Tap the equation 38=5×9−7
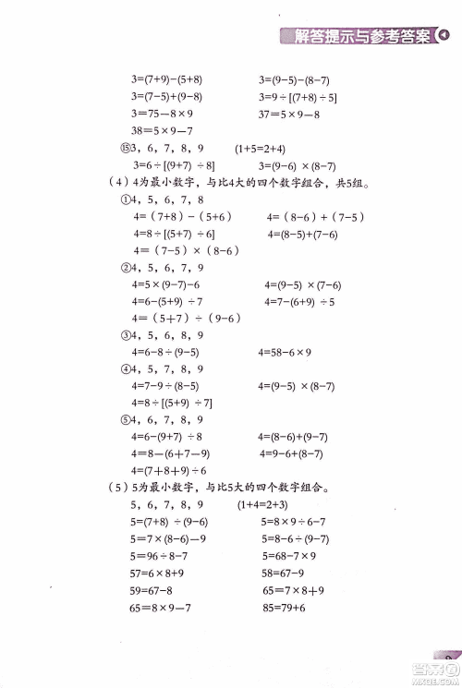point(163,131)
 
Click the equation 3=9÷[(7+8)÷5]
point(298,97)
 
